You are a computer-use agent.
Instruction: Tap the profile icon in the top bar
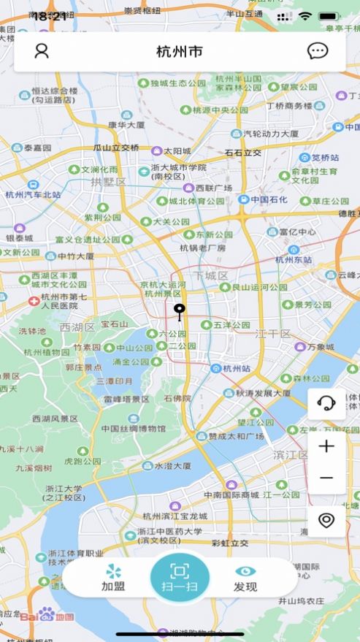pos(42,51)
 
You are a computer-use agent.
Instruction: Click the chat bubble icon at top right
pos(317,51)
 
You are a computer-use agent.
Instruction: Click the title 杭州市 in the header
pos(180,52)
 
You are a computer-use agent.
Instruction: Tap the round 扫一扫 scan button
pos(180,578)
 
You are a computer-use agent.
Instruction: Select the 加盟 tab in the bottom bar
pos(113,578)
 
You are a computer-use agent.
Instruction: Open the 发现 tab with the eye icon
pos(245,578)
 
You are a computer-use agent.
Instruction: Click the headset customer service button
pos(326,404)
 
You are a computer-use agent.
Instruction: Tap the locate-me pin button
pos(326,520)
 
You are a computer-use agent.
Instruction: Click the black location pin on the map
pos(180,312)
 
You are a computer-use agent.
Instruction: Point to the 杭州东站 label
pos(293,259)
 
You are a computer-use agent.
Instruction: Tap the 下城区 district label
pos(211,275)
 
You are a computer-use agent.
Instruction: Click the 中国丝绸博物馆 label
pos(134,429)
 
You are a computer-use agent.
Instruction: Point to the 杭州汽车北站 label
pos(34,194)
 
